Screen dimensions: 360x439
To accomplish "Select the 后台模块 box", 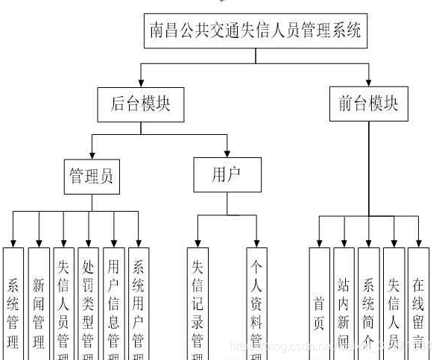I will [x=140, y=104].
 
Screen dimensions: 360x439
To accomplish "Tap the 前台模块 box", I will [x=368, y=104].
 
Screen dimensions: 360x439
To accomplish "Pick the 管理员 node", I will [x=92, y=177].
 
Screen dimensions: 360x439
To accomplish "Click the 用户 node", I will [x=227, y=175].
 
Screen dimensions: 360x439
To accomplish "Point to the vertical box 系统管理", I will [x=13, y=306].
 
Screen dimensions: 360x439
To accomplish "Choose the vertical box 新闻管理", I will [x=39, y=306].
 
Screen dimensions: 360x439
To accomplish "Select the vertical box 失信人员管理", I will [x=63, y=306].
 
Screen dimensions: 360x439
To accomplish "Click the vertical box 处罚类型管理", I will [x=88, y=306].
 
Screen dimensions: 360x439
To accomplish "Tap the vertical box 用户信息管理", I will [x=113, y=306].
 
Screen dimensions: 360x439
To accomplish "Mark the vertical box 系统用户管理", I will [x=138, y=306].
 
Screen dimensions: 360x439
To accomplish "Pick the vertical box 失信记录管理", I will [x=198, y=306].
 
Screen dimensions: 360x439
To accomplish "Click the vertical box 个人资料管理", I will [x=256, y=306].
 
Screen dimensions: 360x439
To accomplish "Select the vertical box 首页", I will [x=319, y=306].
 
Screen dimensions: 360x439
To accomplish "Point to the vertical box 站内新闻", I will [x=344, y=306].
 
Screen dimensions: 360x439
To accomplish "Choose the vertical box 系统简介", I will [x=368, y=306].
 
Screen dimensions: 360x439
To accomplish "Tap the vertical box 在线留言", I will [x=418, y=306].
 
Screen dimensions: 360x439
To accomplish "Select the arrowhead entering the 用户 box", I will [x=227, y=153].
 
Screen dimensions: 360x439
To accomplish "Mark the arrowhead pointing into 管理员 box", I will [x=92, y=154].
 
